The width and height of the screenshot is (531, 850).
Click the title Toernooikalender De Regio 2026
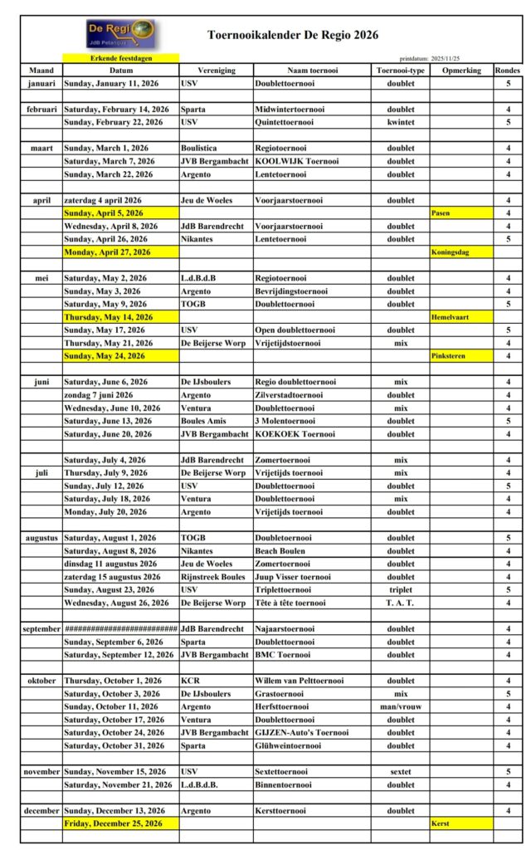click(x=292, y=35)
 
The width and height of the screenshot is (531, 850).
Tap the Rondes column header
click(x=508, y=71)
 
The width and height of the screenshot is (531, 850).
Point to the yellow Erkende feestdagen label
click(x=121, y=58)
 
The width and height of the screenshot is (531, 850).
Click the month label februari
click(x=41, y=109)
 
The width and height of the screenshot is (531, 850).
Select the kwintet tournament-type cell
click(x=400, y=122)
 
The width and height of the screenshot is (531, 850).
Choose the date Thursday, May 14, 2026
click(x=109, y=317)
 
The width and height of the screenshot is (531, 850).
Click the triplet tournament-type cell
click(x=400, y=590)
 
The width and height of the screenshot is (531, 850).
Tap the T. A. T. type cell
click(x=400, y=603)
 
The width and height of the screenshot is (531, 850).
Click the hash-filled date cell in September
click(x=121, y=629)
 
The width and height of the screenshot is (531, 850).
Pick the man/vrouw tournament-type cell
click(x=400, y=707)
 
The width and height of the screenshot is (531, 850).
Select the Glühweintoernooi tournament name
click(x=290, y=746)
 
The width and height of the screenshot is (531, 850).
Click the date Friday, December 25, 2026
click(x=114, y=823)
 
